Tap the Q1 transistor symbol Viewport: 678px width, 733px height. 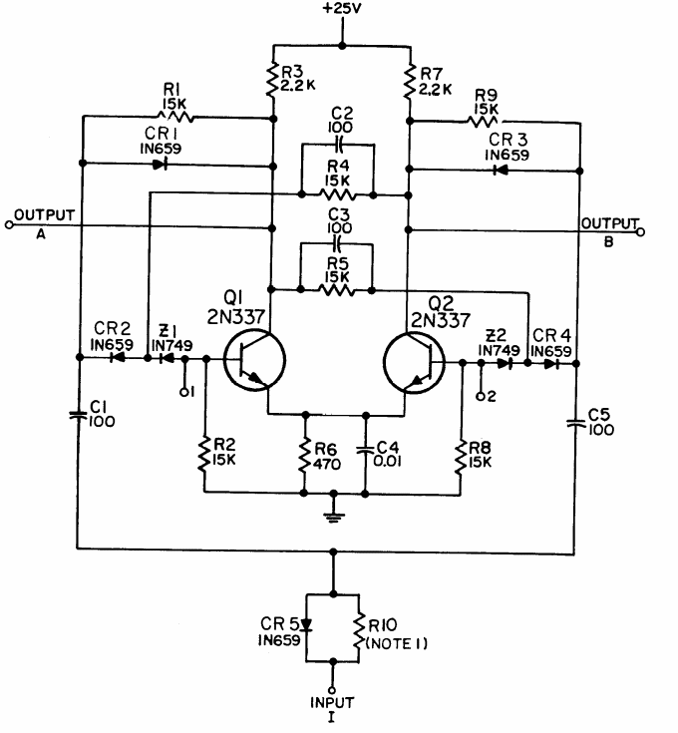click(252, 360)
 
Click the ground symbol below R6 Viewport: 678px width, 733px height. click(334, 517)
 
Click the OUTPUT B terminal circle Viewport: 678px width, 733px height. click(642, 232)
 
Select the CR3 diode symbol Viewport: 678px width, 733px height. click(497, 169)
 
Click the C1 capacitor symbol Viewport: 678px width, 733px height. click(78, 411)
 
